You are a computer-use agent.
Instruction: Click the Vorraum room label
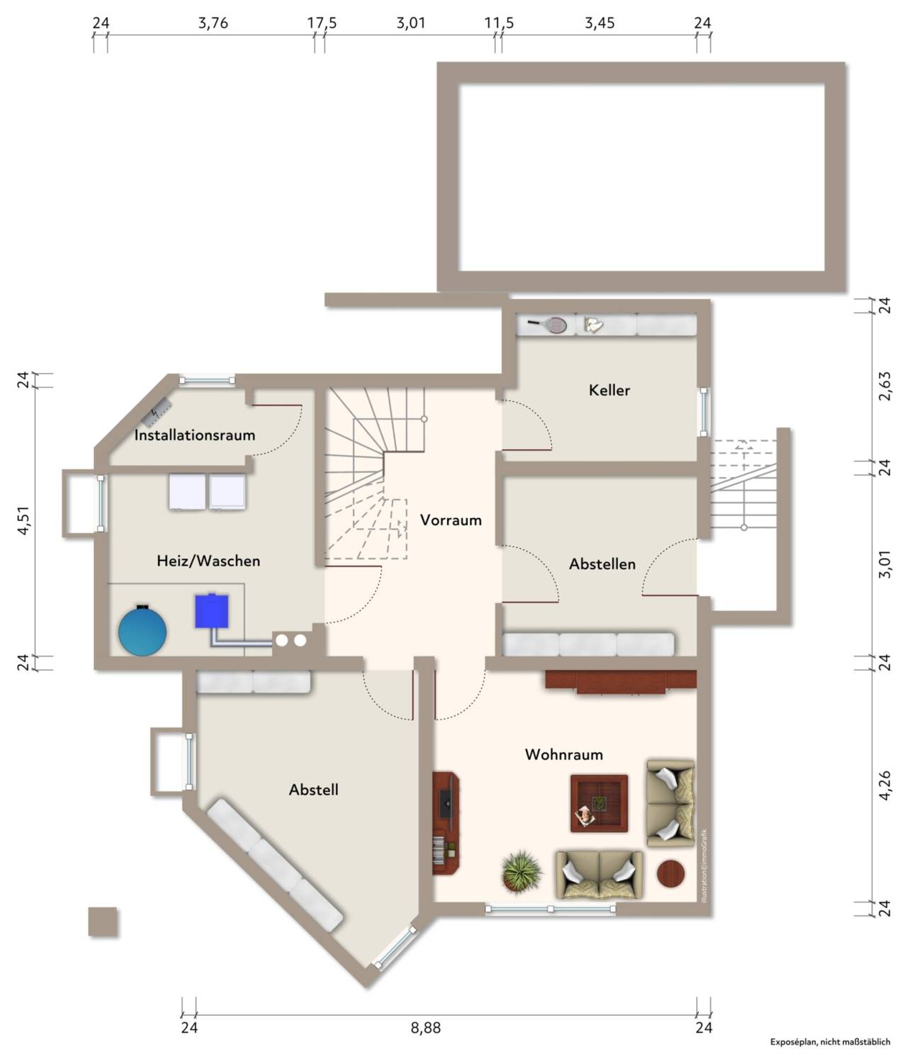[x=451, y=520]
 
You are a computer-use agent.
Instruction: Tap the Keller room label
[x=609, y=390]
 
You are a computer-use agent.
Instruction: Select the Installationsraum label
[x=194, y=435]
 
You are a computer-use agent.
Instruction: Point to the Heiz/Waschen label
[x=208, y=561]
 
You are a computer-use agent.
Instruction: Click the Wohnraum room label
[x=564, y=755]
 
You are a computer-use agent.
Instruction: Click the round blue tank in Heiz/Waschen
[x=142, y=631]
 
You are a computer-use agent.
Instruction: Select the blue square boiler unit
[x=211, y=611]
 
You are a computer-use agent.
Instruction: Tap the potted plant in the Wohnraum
[x=521, y=871]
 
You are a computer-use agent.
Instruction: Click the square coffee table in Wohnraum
[x=599, y=803]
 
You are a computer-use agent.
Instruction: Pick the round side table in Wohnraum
[x=671, y=873]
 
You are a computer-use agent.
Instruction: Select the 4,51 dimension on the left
[x=23, y=520]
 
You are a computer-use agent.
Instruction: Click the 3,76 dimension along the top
[x=213, y=23]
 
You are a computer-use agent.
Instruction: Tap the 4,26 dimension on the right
[x=884, y=785]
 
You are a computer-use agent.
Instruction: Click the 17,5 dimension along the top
[x=322, y=23]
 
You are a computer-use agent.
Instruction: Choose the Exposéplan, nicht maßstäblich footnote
[x=830, y=1042]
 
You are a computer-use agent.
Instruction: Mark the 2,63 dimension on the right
[x=884, y=386]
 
